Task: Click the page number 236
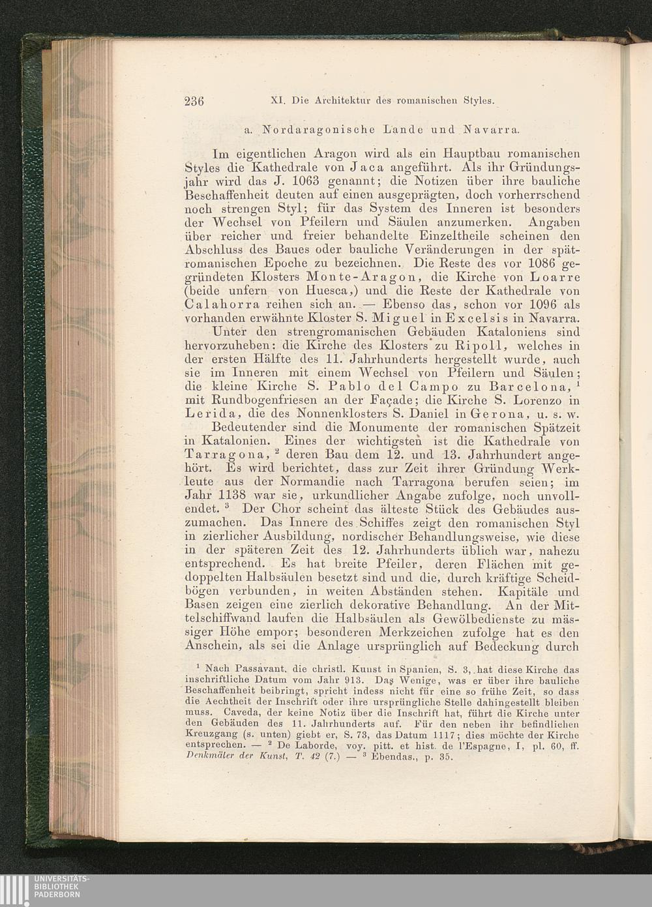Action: tap(194, 101)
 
